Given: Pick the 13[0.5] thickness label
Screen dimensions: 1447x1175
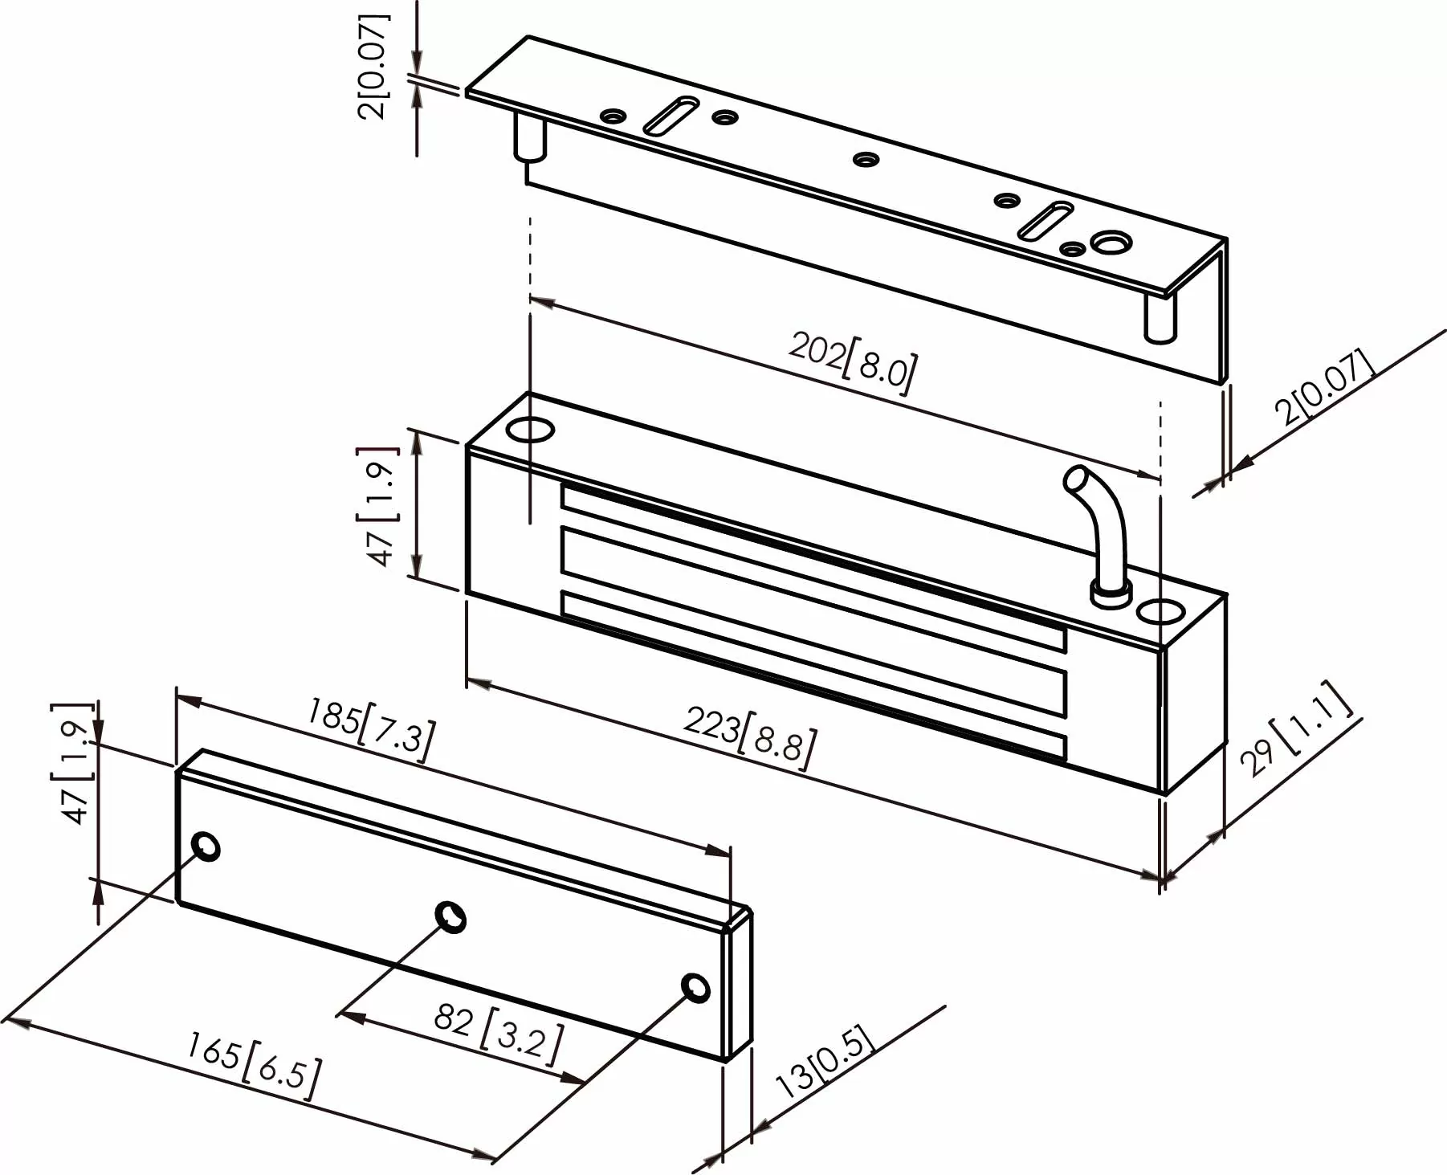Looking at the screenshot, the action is [x=825, y=1060].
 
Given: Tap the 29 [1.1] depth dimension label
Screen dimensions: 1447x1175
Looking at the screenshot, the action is [x=1297, y=730].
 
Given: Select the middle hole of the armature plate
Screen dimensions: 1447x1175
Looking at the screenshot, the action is [x=450, y=916].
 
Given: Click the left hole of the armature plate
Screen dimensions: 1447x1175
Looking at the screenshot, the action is [x=206, y=847].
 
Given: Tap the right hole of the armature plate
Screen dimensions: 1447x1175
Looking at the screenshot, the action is [x=695, y=987].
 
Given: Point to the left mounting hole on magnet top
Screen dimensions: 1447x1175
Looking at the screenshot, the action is [x=531, y=430].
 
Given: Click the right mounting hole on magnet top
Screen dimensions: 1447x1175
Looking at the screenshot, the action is [x=1160, y=613].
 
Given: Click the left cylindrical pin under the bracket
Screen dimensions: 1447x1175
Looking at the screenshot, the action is [x=528, y=137].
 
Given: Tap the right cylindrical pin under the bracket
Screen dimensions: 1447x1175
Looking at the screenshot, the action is [x=1160, y=317].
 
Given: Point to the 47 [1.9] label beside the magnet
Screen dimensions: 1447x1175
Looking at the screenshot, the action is [x=381, y=506].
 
